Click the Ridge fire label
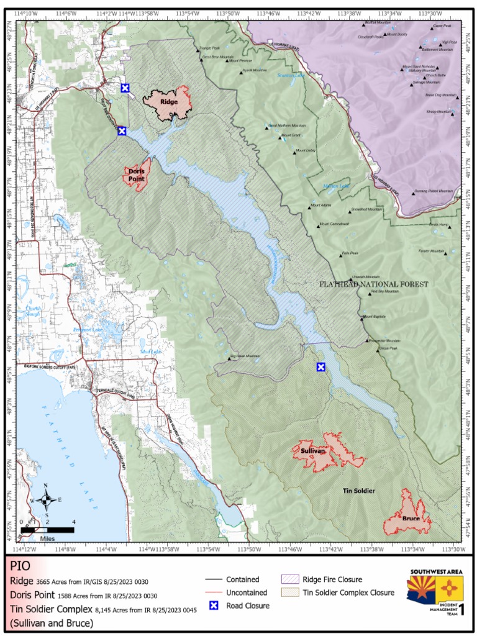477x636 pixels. coord(168,102)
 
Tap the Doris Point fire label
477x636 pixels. coord(137,175)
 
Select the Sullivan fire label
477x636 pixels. coord(313,451)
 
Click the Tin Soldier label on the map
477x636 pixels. coord(359,491)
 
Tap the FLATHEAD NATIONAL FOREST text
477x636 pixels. coord(373,284)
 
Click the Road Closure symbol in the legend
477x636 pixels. coord(212,606)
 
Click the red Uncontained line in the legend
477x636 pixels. coord(212,593)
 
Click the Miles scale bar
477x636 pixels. coord(47,530)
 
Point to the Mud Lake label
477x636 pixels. coord(151,352)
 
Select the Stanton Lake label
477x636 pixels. coord(291,75)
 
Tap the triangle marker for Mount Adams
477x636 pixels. coord(309,207)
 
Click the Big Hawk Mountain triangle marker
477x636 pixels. coord(229,358)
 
